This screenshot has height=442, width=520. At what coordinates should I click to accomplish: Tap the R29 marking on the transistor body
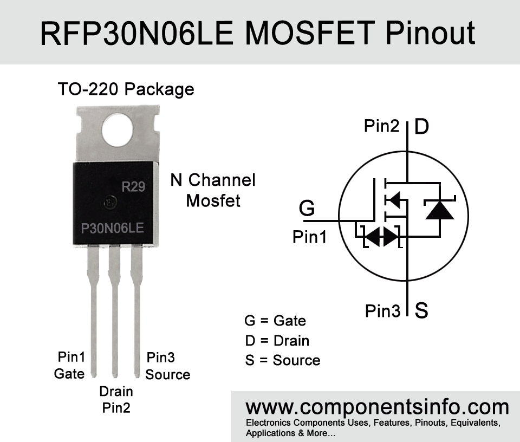click(133, 187)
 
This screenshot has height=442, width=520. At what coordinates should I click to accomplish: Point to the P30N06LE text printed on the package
click(113, 228)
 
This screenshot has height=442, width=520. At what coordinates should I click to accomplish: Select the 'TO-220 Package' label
click(126, 89)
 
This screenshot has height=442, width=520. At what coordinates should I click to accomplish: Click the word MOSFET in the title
click(310, 33)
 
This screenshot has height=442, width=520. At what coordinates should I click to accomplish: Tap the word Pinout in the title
click(431, 33)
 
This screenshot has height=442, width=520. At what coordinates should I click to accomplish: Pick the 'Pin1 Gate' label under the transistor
click(70, 366)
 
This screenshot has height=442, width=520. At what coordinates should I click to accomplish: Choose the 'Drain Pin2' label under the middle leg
click(116, 400)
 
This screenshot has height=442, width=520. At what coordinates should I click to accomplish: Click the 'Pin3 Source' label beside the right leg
click(168, 366)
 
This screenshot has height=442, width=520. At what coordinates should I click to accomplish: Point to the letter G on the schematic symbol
click(307, 208)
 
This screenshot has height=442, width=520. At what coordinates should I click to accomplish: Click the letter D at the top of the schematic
click(421, 126)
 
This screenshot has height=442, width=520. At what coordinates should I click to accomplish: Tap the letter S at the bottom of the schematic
click(421, 310)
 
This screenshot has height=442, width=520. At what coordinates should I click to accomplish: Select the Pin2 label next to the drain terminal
click(382, 126)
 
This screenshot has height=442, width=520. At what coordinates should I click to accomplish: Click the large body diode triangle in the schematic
click(440, 210)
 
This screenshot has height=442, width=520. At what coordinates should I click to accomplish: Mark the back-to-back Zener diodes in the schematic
click(382, 236)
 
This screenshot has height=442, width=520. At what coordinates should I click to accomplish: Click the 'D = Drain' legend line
click(277, 341)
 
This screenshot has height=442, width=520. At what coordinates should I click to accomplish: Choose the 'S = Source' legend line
click(283, 360)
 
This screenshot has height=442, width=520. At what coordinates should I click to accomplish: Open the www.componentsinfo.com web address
click(377, 407)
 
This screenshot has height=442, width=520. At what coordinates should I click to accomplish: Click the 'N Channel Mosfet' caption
click(213, 190)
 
